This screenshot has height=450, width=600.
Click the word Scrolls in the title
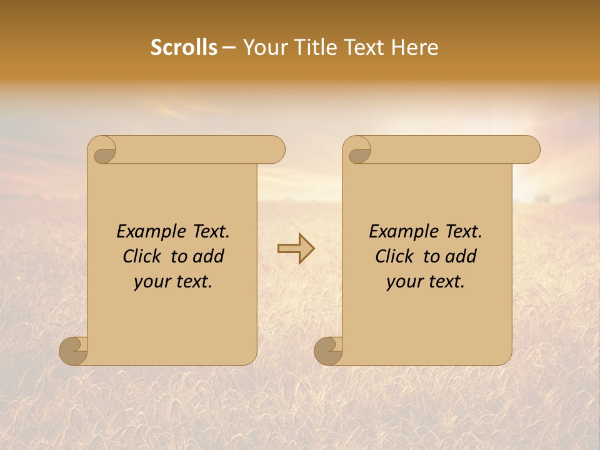[x=184, y=47]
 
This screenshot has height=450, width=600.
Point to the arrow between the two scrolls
[x=296, y=249]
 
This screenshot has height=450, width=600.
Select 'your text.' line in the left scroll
[x=173, y=281]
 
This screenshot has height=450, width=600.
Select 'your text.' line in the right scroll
[x=426, y=281]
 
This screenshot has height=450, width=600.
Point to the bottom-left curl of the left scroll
[x=73, y=351]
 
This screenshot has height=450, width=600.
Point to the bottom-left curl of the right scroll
[x=328, y=351]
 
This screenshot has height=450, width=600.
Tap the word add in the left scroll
[x=209, y=256]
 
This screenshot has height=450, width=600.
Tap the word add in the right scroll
[x=461, y=256]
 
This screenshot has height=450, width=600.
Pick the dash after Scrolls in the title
[x=229, y=47]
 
